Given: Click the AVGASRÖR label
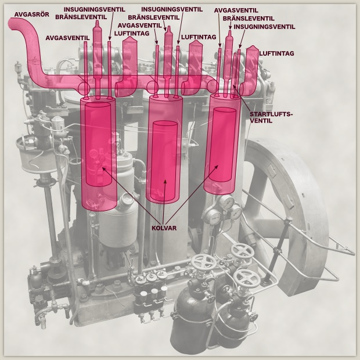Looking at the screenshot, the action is [x=32, y=15].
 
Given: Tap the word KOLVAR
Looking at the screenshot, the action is [x=164, y=228].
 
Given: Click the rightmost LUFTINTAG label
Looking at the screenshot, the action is [x=276, y=53].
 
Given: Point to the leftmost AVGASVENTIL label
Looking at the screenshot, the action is [x=67, y=38].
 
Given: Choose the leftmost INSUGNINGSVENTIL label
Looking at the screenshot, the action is [x=95, y=9].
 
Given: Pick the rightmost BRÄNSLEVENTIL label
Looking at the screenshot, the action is [x=249, y=19].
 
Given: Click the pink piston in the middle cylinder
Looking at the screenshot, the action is [x=165, y=161].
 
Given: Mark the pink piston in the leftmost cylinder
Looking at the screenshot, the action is [x=98, y=144].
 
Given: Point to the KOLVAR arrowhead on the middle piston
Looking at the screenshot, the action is [x=165, y=181].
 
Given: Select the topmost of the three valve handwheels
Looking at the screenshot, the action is [x=243, y=251].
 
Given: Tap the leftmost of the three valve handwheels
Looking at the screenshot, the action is [x=203, y=262].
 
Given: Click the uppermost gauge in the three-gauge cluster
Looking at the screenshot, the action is [x=226, y=203].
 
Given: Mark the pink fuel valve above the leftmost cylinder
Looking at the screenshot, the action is [x=98, y=60].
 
